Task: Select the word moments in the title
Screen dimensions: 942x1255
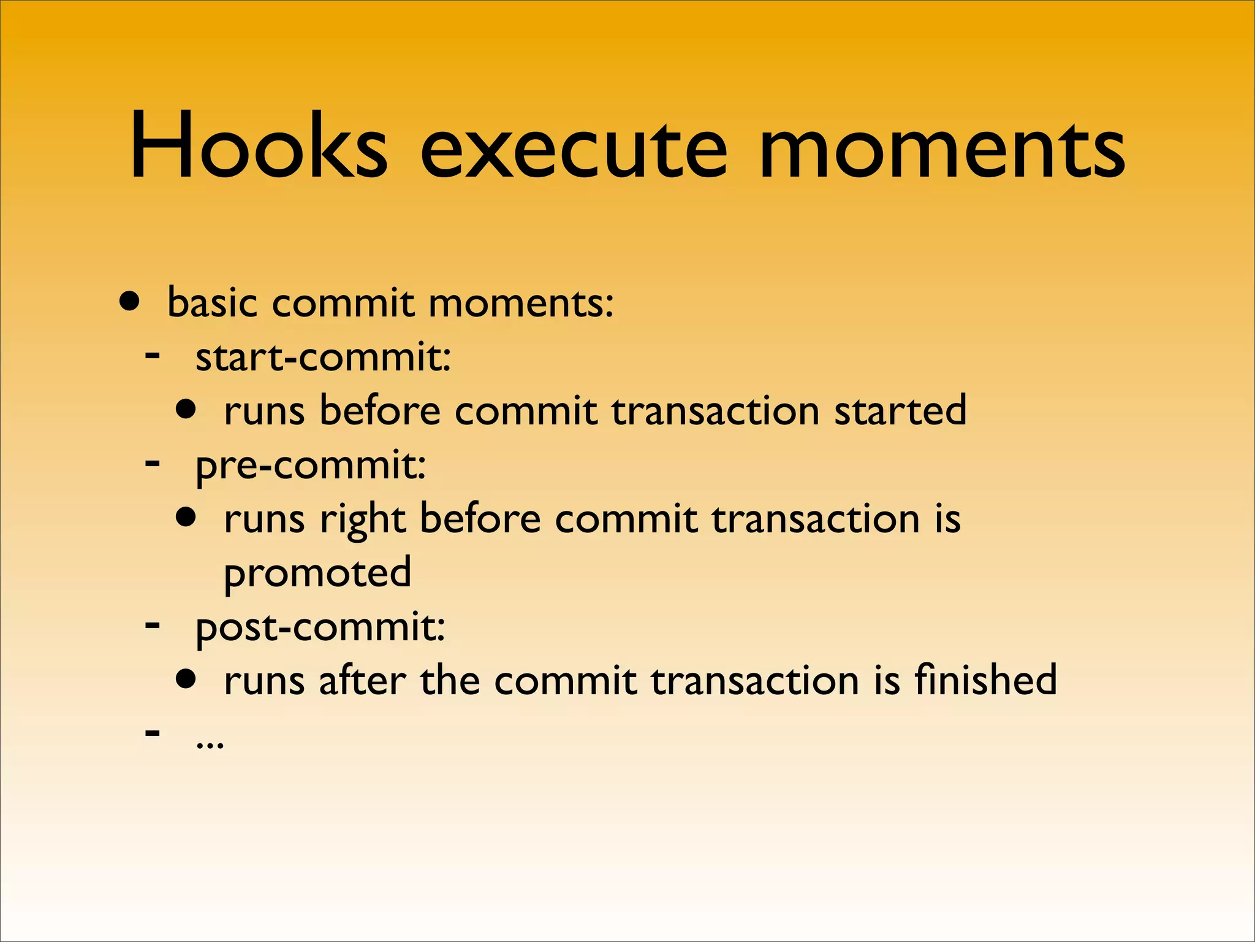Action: [942, 150]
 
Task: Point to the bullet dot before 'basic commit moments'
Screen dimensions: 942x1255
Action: [130, 301]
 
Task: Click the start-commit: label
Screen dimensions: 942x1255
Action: [323, 357]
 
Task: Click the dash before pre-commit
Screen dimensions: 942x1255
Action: [153, 462]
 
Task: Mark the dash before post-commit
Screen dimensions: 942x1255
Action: [153, 625]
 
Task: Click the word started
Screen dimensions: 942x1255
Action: [900, 410]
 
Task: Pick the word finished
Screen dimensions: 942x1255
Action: [985, 680]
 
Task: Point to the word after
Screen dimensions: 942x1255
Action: [362, 680]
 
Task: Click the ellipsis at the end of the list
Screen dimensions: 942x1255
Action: [210, 743]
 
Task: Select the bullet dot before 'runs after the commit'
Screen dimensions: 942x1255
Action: [186, 679]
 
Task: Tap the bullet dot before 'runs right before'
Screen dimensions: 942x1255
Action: [186, 517]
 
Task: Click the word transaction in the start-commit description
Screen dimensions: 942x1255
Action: [715, 410]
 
